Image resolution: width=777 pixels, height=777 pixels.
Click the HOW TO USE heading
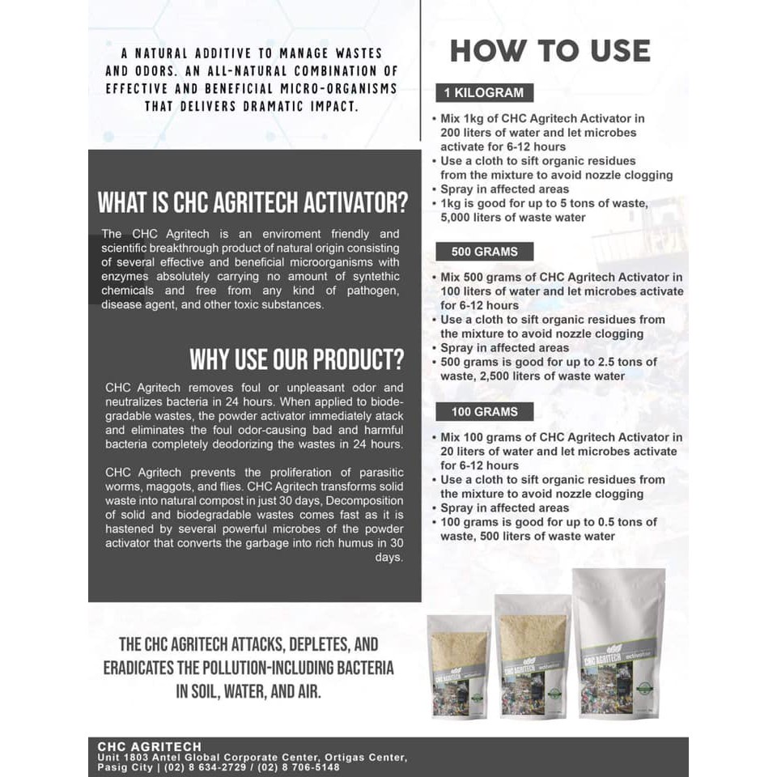click(550, 51)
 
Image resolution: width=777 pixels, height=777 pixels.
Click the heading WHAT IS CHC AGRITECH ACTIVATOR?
click(253, 202)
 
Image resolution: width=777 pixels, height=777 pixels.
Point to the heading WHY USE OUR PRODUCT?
click(296, 359)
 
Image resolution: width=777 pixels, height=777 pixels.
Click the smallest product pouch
click(459, 667)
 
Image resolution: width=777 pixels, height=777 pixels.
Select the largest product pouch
click(618, 643)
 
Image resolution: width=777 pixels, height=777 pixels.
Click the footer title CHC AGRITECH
click(149, 746)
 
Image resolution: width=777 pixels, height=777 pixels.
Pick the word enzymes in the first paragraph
click(126, 277)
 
